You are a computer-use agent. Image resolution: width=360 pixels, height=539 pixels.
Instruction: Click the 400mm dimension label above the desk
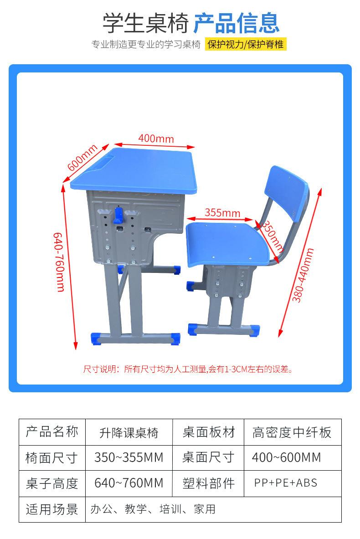coord(156,138)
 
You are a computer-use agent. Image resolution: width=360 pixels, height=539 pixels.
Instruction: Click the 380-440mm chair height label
coord(303,275)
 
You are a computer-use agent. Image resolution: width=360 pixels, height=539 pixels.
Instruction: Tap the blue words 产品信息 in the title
coord(236,23)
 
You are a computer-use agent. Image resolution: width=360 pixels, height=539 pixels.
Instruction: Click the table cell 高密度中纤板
coord(292,432)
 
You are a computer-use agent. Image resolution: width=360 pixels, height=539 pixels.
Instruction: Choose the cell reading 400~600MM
coord(286,457)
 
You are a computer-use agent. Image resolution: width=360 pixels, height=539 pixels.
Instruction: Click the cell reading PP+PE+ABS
coord(286,483)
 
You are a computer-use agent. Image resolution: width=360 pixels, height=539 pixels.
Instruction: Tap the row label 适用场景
coord(52,509)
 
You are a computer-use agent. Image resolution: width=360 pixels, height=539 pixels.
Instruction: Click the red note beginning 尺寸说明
coord(187,369)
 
